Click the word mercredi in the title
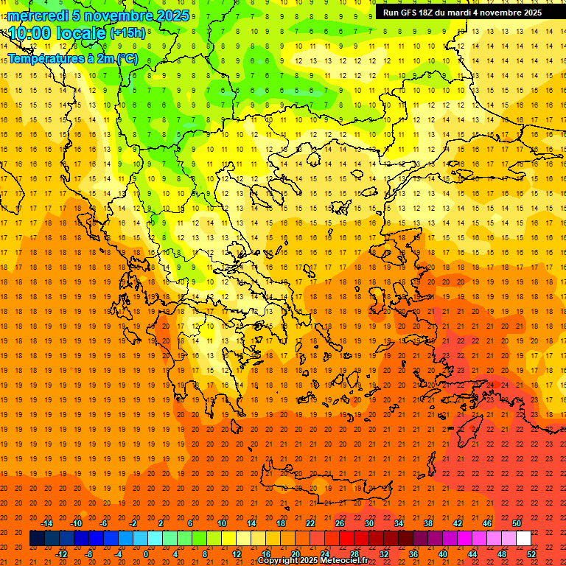click(38, 15)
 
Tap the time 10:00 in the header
click(29, 33)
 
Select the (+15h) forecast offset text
click(127, 34)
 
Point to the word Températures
click(43, 59)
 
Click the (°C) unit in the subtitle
click(126, 59)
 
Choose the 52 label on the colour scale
click(532, 554)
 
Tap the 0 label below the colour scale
click(145, 554)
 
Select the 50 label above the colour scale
click(517, 523)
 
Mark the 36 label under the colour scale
click(413, 554)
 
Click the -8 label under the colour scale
click(89, 554)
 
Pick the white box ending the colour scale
click(523, 539)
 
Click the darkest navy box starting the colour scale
click(37, 539)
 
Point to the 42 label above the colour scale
click(458, 523)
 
